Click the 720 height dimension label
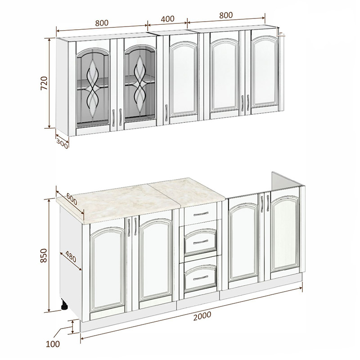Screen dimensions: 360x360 tap(44, 83)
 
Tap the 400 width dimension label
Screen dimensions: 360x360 tap(167, 19)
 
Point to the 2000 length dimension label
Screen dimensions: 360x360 tap(202, 316)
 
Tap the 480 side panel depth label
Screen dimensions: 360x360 tap(71, 256)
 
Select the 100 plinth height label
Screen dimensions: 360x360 tap(53, 344)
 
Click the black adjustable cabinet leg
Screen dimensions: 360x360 tap(64, 305)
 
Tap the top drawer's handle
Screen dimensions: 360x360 tap(201, 214)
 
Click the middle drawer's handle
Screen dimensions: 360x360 tap(201, 242)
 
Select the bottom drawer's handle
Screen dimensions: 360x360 tap(200, 278)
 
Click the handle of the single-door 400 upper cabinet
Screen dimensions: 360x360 tap(166, 112)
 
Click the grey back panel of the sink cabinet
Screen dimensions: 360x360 tap(285, 181)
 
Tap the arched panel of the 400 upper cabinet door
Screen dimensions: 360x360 tap(184, 78)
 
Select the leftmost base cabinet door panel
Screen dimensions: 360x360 tap(108, 270)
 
